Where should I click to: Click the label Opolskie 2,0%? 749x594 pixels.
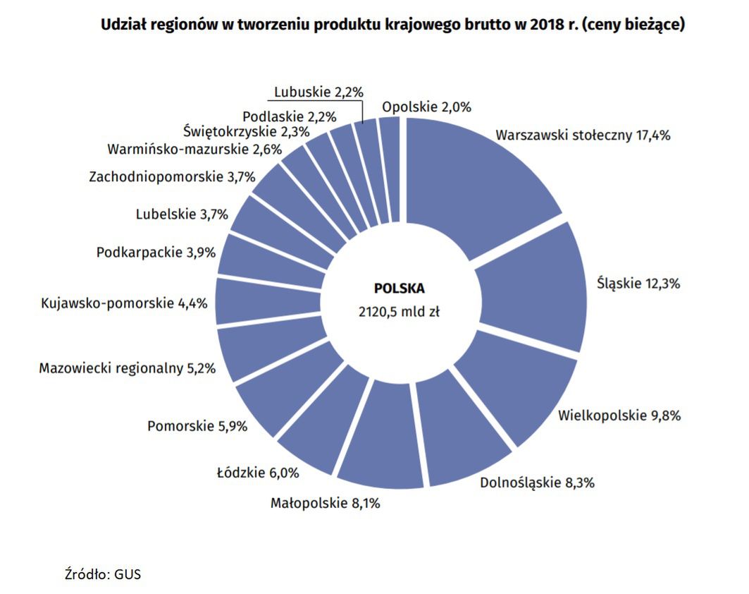coord(426,107)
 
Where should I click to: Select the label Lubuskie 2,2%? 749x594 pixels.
coord(318,92)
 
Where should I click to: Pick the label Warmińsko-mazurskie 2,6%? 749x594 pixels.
coord(194,150)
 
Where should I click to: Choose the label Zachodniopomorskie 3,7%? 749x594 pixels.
coord(172,177)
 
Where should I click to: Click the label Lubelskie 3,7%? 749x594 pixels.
coord(182,214)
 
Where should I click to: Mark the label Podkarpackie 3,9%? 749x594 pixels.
coord(156,253)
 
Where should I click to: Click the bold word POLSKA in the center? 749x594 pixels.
coord(400,289)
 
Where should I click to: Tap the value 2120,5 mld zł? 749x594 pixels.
coord(400,311)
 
